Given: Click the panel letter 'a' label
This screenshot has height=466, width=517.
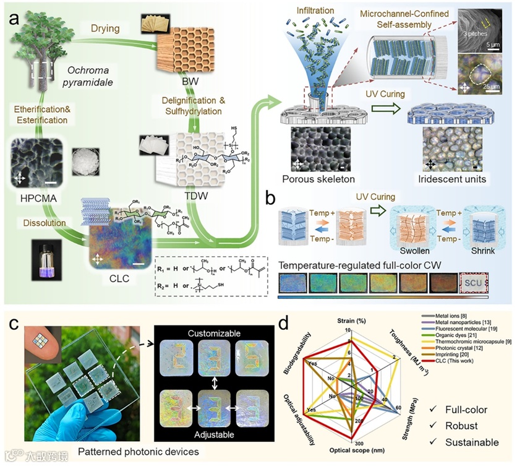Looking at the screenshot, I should tap(13, 18).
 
